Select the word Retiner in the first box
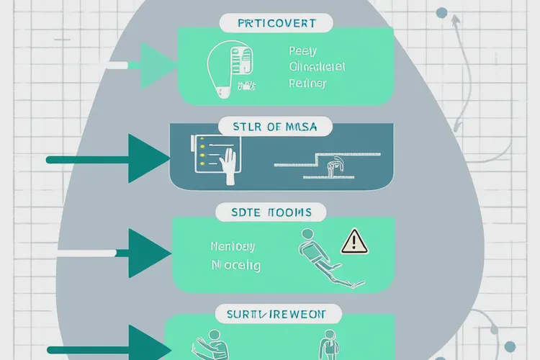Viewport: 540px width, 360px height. (307, 83)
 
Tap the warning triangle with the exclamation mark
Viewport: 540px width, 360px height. (354, 242)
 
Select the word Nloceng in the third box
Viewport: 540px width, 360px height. (236, 265)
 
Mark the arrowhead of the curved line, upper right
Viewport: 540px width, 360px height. (455, 19)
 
